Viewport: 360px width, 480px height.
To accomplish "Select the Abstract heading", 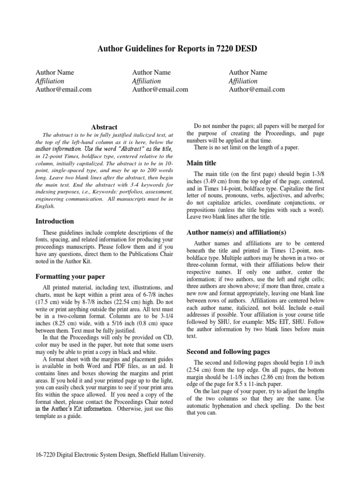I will (104, 127).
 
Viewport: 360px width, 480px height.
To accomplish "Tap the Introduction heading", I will (55, 221).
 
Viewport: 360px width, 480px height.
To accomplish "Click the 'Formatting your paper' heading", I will (70, 277).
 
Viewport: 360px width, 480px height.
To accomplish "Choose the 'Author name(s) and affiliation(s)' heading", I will (236, 232).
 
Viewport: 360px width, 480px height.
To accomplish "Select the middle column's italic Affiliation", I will (147, 81).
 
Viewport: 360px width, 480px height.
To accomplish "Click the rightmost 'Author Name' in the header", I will (248, 72).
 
